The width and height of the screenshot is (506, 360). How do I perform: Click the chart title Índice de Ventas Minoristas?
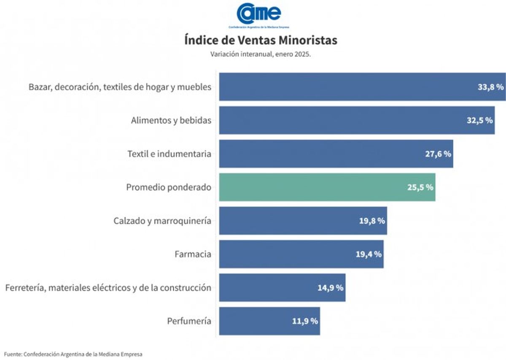pyautogui.click(x=261, y=41)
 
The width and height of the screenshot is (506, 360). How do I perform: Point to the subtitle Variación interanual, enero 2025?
pyautogui.click(x=261, y=54)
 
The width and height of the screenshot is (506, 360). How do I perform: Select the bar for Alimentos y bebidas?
pyautogui.click(x=357, y=120)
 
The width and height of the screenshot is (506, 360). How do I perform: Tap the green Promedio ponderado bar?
pyautogui.click(x=327, y=187)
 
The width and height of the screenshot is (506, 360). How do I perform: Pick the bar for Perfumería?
pyautogui.click(x=269, y=321)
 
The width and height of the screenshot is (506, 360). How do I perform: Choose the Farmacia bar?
pyautogui.click(x=301, y=254)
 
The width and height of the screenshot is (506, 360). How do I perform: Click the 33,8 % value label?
pyautogui.click(x=490, y=87)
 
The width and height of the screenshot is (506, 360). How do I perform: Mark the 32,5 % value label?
pyautogui.click(x=479, y=120)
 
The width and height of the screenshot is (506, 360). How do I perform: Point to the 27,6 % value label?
pyautogui.click(x=438, y=154)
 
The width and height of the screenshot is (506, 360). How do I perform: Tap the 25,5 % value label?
pyautogui.click(x=420, y=187)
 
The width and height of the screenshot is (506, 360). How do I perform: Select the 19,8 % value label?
pyautogui.click(x=372, y=221)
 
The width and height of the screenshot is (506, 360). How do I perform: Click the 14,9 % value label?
pyautogui.click(x=330, y=288)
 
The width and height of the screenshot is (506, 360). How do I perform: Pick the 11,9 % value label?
pyautogui.click(x=304, y=321)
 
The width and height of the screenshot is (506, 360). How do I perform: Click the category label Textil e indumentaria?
pyautogui.click(x=169, y=154)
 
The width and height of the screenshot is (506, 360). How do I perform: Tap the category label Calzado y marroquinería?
pyautogui.click(x=162, y=221)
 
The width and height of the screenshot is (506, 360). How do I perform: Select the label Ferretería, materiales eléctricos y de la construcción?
pyautogui.click(x=108, y=288)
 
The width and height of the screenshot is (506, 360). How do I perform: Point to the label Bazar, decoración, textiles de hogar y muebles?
pyautogui.click(x=120, y=87)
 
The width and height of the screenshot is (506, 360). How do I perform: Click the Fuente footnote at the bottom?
pyautogui.click(x=73, y=354)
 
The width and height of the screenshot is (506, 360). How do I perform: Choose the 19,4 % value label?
pyautogui.click(x=369, y=254)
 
